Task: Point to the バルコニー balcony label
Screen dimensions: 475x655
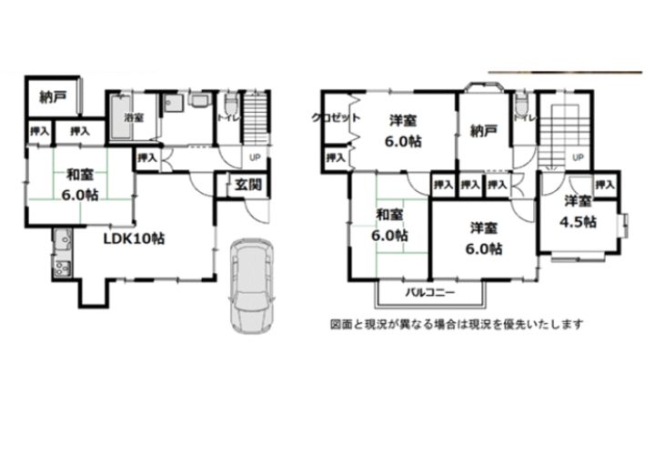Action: tap(430, 294)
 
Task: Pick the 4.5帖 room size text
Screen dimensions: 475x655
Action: tap(578, 220)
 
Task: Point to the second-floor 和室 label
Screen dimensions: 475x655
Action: tap(390, 216)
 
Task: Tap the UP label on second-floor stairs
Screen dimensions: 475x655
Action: tap(577, 157)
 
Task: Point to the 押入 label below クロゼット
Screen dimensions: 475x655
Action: tap(335, 158)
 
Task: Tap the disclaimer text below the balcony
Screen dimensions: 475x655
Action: tap(456, 323)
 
